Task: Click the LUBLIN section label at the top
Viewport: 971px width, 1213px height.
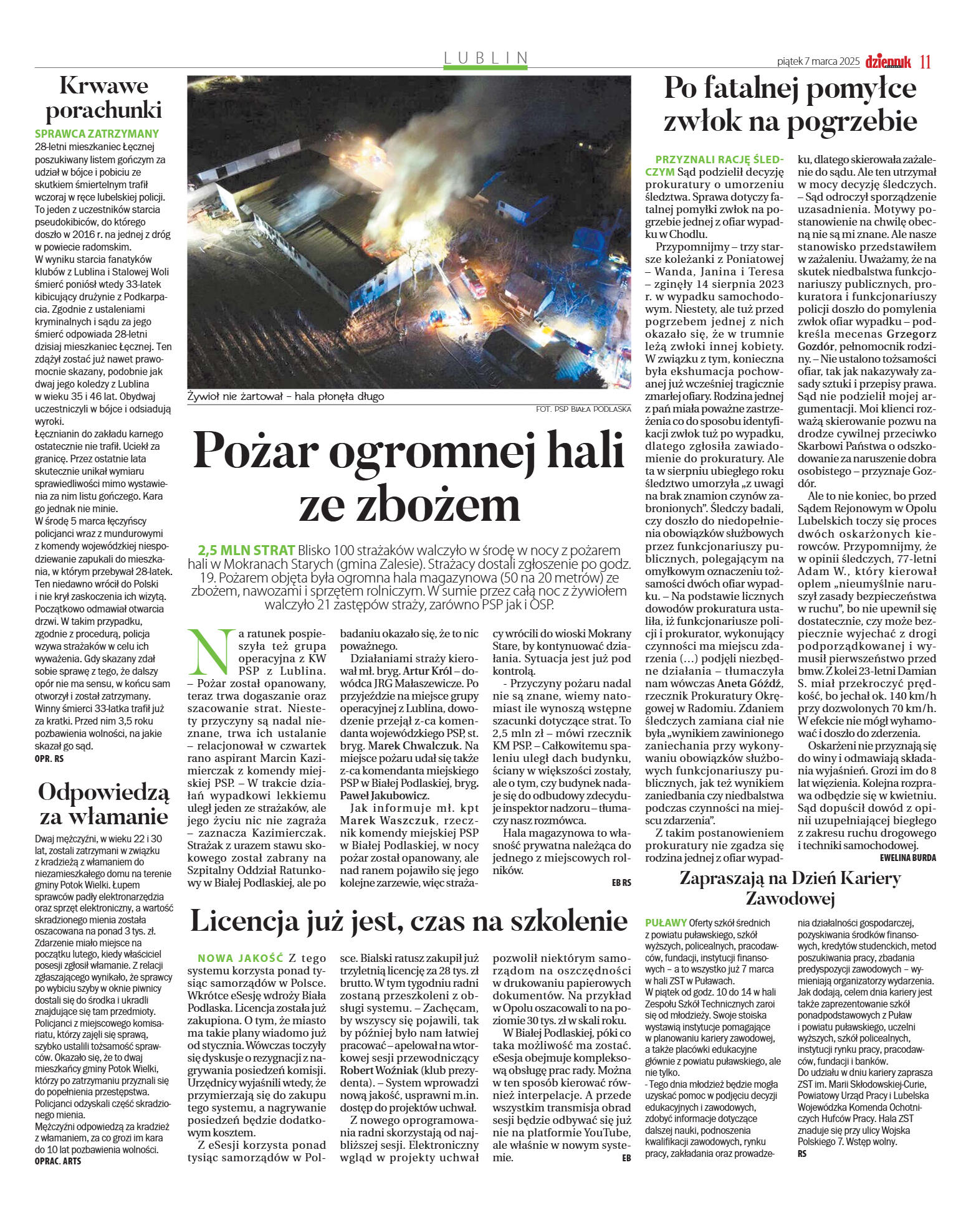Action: (x=485, y=58)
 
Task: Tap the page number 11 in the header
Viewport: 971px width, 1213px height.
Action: (x=925, y=62)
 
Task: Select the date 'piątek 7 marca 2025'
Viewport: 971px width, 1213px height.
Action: (x=818, y=62)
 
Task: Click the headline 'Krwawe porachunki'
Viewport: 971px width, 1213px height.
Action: (x=103, y=97)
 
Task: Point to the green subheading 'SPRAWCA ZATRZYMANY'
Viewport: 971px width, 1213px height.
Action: (x=97, y=133)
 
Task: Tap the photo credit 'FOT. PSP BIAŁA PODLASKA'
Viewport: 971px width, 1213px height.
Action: (x=583, y=409)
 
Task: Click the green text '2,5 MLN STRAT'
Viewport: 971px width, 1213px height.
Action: (x=246, y=550)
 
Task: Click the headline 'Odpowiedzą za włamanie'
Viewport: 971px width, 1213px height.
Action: (x=103, y=804)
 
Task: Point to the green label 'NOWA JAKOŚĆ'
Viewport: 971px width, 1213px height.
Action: (x=240, y=958)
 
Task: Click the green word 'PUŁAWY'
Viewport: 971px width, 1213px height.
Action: (x=666, y=923)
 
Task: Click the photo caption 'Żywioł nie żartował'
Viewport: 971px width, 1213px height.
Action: (x=234, y=396)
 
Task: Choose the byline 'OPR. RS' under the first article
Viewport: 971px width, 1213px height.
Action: (x=49, y=759)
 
